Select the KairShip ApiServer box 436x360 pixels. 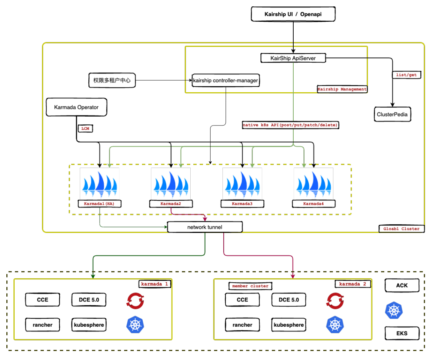(293, 58)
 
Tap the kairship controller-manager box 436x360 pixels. (225, 80)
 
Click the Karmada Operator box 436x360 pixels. (76, 107)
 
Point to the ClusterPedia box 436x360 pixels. (392, 114)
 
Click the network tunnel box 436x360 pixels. (205, 227)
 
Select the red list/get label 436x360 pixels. (406, 75)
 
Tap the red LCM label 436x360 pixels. (85, 129)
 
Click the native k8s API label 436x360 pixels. (290, 125)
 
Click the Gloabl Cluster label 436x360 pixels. (401, 228)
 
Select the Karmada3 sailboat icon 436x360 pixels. (242, 183)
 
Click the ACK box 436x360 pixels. (402, 285)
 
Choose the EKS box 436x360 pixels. (402, 333)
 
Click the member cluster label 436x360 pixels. (250, 286)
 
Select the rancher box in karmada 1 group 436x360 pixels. (43, 325)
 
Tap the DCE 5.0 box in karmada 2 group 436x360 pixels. (288, 300)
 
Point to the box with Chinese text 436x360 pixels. (112, 80)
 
